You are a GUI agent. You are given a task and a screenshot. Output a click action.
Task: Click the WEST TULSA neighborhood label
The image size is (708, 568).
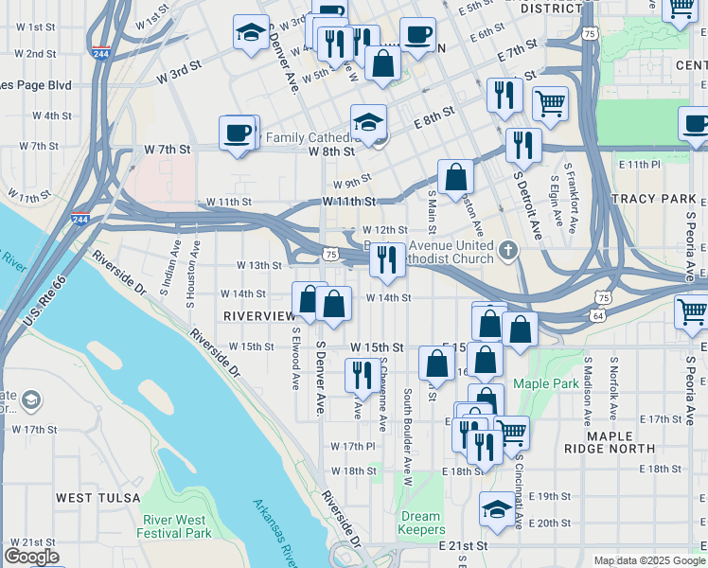click(97, 497)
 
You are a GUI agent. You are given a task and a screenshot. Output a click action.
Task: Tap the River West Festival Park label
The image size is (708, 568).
click(177, 526)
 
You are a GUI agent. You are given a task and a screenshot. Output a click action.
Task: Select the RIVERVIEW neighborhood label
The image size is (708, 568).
click(259, 315)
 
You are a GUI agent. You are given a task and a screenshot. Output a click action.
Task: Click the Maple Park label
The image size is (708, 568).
click(544, 383)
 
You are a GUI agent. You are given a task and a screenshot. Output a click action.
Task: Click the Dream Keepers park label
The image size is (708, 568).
click(420, 524)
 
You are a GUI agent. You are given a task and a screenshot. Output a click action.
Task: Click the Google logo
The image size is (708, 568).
click(31, 557)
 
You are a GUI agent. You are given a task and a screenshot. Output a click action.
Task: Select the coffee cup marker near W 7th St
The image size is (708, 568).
click(237, 133)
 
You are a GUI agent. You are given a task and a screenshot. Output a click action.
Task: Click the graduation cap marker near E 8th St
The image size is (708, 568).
click(368, 121)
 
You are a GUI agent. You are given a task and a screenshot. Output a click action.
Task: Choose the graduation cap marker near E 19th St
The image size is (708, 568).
click(497, 509)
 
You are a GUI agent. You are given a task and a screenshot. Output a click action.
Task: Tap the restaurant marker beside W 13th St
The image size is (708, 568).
click(385, 259)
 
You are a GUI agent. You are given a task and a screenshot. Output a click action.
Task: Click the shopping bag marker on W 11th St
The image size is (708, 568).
click(455, 176)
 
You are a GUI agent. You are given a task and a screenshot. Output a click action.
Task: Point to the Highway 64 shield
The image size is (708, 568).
click(598, 314)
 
